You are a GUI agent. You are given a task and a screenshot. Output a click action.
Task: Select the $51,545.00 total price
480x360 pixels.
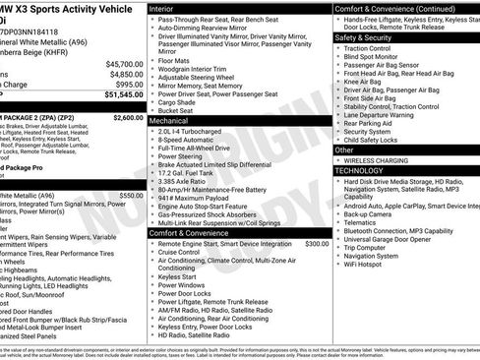point(125,95)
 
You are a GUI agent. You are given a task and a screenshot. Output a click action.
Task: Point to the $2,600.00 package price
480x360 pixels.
point(128,117)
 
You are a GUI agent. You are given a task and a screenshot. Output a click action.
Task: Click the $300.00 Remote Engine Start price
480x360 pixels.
point(318,243)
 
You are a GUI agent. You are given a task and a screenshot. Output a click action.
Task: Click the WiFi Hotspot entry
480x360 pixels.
point(371,265)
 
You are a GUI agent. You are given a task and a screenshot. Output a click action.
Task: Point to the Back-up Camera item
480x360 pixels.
point(375,213)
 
